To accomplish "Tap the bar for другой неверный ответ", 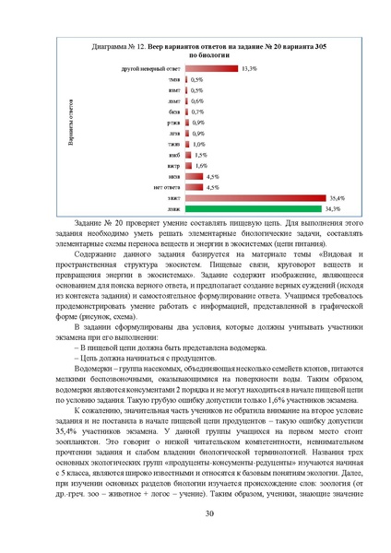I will tap(212, 69).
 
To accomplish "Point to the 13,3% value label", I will tap(249, 69).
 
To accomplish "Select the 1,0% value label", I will tap(198, 145).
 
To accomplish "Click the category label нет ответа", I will tap(167, 187).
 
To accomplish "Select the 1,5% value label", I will tap(200, 155).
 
